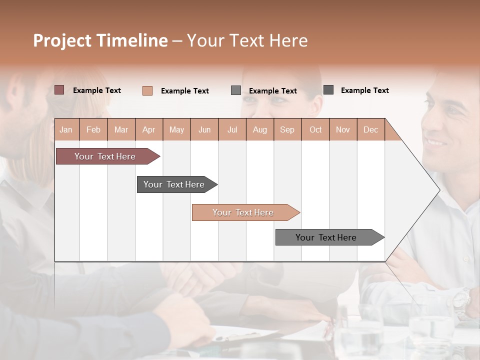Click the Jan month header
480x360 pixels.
tap(66, 129)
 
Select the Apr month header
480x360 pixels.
tap(148, 129)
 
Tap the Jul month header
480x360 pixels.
tap(232, 129)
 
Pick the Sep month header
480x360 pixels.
tap(287, 129)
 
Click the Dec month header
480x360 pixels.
tap(370, 129)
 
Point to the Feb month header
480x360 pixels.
tap(93, 129)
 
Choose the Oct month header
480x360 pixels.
tap(315, 129)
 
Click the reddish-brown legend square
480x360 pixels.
tap(59, 90)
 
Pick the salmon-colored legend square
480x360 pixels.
tap(147, 90)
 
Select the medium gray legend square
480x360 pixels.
tap(236, 90)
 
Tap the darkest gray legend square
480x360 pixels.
tap(328, 90)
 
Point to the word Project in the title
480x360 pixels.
tap(62, 40)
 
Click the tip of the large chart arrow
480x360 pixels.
tap(440, 189)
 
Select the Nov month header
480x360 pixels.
tap(343, 129)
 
